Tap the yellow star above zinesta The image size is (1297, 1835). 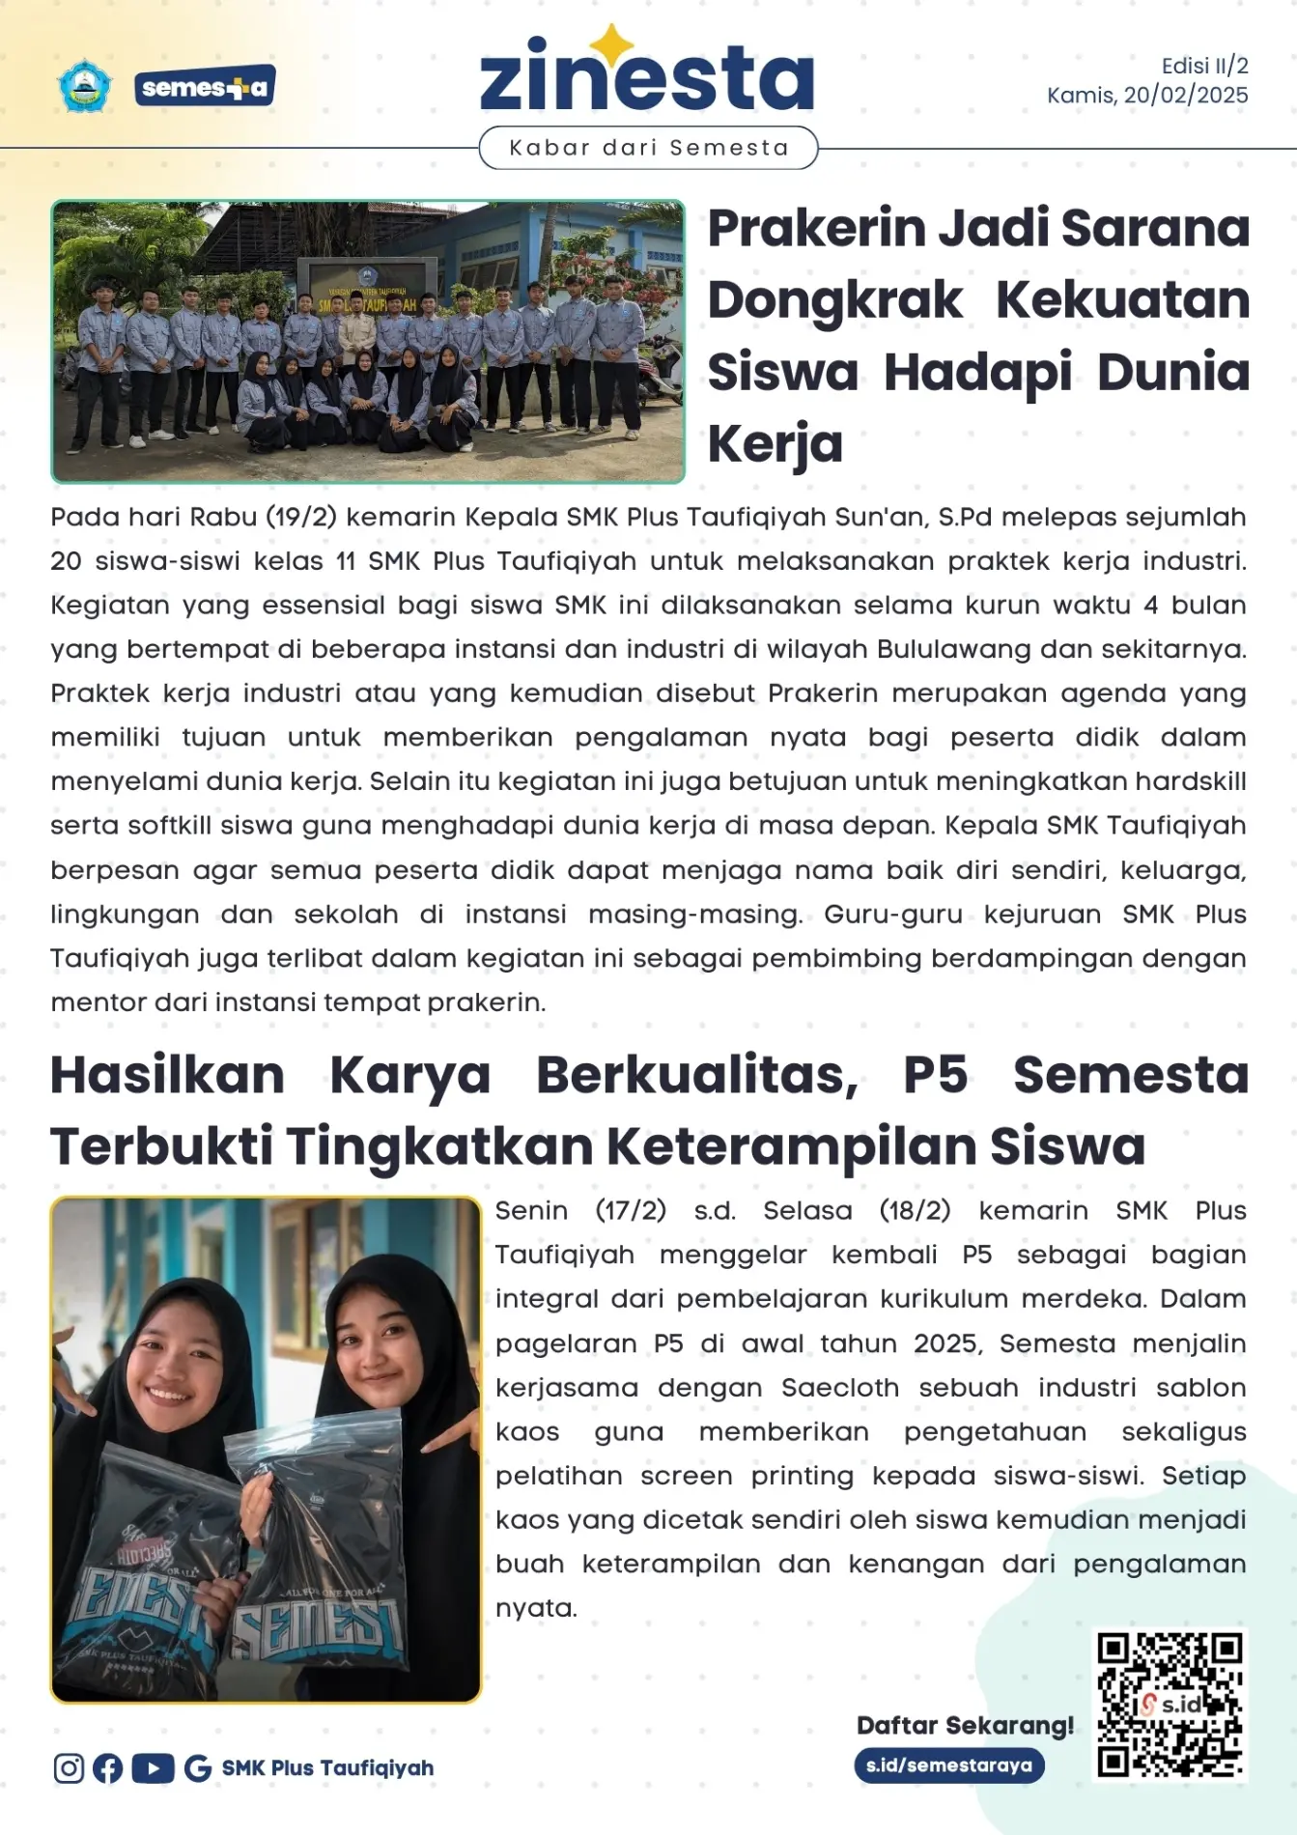click(x=611, y=42)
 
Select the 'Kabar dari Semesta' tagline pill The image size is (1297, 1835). click(x=648, y=148)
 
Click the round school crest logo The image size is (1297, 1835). click(x=85, y=86)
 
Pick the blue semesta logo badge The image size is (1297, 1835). click(x=205, y=87)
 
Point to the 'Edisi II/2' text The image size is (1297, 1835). click(x=1204, y=66)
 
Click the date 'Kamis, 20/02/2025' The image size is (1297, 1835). click(x=1147, y=96)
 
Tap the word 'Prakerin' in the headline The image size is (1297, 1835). click(x=817, y=229)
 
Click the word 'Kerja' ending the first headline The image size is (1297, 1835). click(x=775, y=444)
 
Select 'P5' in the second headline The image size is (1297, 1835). click(x=935, y=1075)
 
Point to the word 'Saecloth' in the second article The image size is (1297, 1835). click(x=840, y=1388)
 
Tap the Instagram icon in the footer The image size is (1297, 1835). click(x=69, y=1768)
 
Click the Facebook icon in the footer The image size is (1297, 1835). click(x=108, y=1768)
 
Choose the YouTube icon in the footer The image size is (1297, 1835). click(x=153, y=1768)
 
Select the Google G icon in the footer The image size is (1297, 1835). click(x=198, y=1768)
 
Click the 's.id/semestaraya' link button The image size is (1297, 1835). click(x=948, y=1765)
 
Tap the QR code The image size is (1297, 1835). click(x=1170, y=1705)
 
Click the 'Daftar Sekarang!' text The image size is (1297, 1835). click(x=965, y=1726)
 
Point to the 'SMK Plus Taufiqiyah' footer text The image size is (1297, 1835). click(x=327, y=1768)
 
